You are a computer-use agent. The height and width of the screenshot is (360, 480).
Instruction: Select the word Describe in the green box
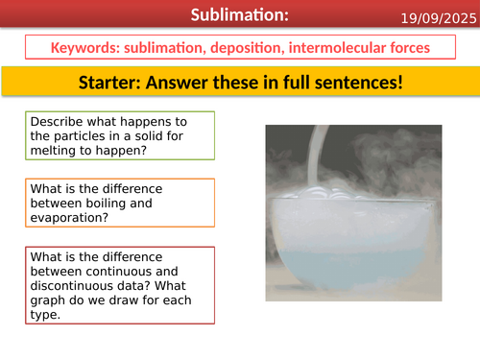click(57, 123)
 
